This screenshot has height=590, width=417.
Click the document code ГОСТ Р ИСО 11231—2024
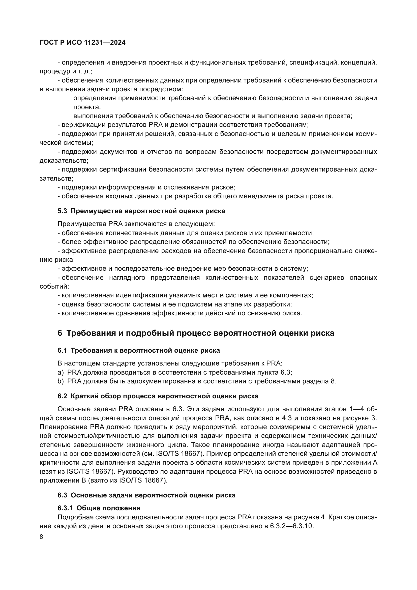click(x=83, y=43)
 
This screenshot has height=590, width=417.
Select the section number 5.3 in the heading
click(x=62, y=211)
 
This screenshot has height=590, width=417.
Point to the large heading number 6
click(x=60, y=333)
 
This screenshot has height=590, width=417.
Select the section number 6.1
click(x=62, y=351)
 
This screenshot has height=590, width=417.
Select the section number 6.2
click(x=62, y=396)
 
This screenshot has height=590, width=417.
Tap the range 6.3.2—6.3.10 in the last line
click(x=291, y=526)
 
